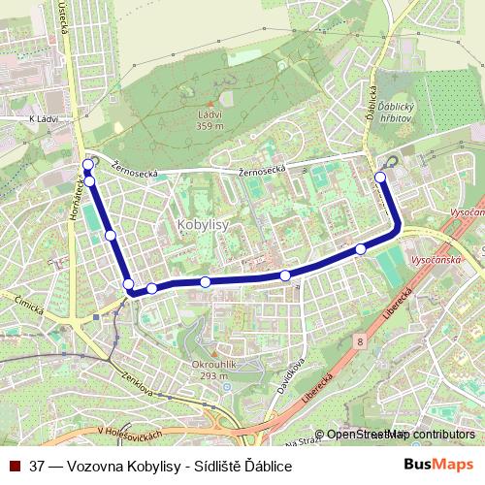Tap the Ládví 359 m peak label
pyautogui.click(x=210, y=119)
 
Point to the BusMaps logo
pyautogui.click(x=439, y=465)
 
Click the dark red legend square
pyautogui.click(x=15, y=466)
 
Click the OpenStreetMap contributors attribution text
pyautogui.click(x=400, y=435)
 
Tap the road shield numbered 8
pyautogui.click(x=359, y=341)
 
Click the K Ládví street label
pyautogui.click(x=45, y=118)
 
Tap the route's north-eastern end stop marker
pyautogui.click(x=380, y=177)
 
